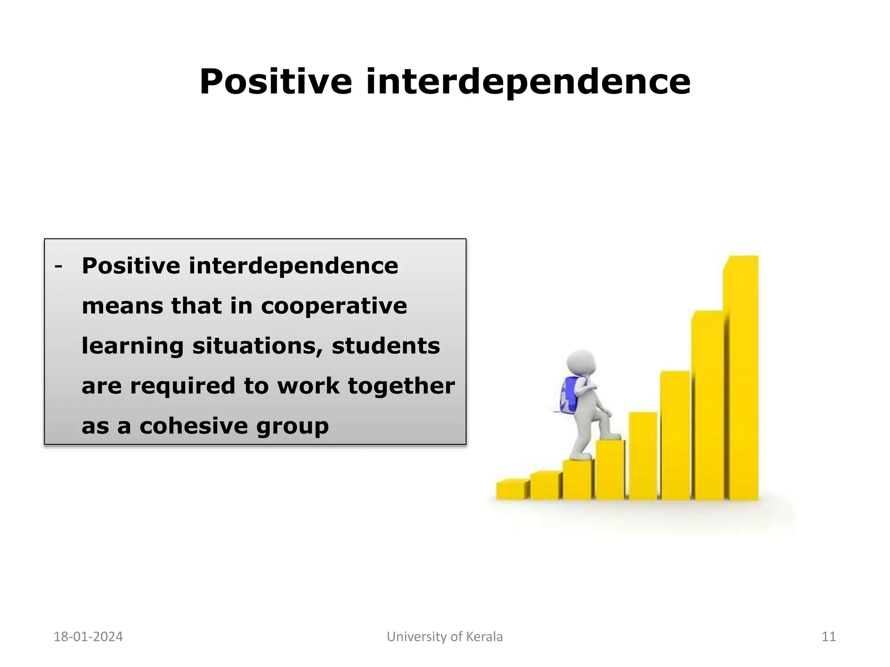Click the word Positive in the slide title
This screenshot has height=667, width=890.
[x=275, y=82]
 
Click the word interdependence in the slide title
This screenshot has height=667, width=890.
[x=528, y=82]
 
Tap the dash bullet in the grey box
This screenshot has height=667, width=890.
[x=58, y=266]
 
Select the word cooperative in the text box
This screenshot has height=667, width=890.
[x=334, y=306]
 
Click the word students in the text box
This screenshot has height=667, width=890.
[x=385, y=346]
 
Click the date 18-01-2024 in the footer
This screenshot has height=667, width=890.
[x=88, y=637]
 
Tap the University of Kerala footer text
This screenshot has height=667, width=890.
[x=445, y=637]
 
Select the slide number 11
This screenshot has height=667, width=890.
[x=829, y=637]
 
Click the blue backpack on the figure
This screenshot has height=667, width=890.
[x=570, y=394]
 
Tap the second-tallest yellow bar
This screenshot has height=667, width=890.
[x=708, y=406]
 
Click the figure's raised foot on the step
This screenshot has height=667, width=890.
[x=610, y=436]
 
